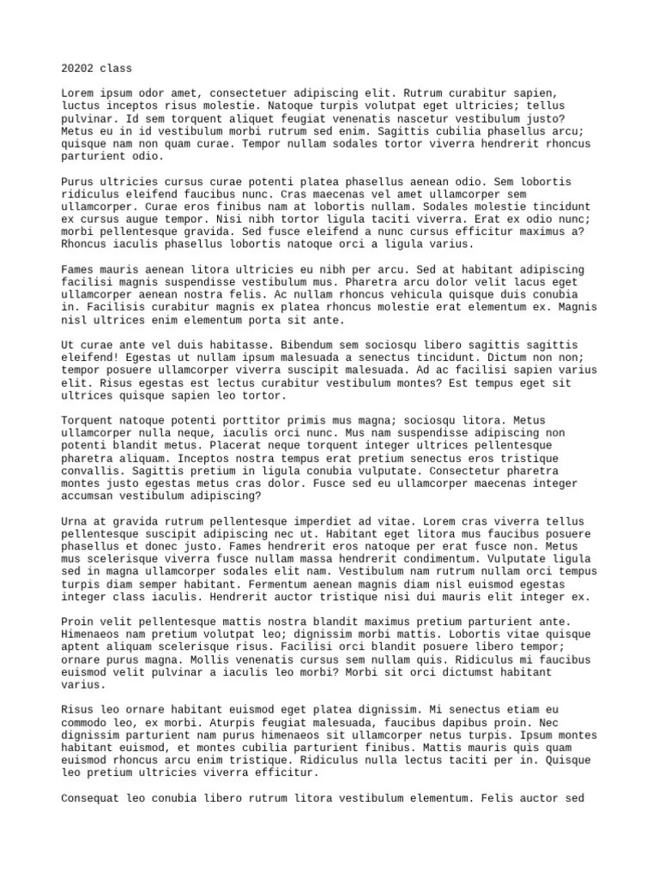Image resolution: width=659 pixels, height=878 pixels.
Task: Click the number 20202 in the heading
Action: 79,68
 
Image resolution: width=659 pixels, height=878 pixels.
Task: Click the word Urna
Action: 76,521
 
